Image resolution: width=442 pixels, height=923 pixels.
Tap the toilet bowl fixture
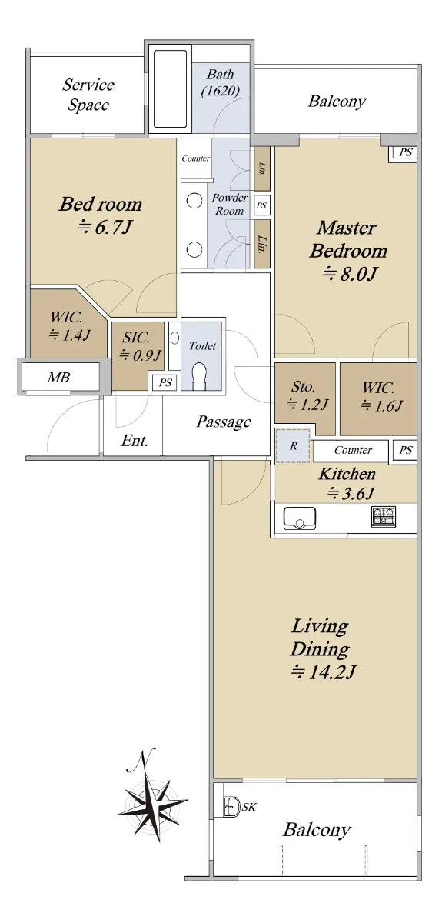[x=199, y=375]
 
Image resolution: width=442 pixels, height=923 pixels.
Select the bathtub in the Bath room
[x=170, y=88]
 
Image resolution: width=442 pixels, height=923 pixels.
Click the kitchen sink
[x=300, y=518]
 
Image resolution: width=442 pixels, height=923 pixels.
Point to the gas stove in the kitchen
[x=384, y=517]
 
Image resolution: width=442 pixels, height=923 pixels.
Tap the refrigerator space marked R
[x=292, y=445]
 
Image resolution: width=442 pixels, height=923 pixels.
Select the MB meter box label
[x=58, y=377]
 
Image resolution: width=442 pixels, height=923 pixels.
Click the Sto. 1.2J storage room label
[x=306, y=395]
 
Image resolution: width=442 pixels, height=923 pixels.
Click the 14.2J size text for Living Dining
[x=324, y=672]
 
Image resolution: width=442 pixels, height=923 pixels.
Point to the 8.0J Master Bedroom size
[x=350, y=273]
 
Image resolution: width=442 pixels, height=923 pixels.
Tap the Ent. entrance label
[x=135, y=441]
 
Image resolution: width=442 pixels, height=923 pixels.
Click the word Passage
[x=223, y=422]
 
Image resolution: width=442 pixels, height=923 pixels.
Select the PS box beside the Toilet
[x=165, y=382]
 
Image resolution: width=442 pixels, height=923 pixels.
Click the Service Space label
[x=88, y=95]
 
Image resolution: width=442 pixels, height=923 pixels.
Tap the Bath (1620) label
[x=221, y=82]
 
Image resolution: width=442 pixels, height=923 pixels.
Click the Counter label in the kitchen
[x=353, y=450]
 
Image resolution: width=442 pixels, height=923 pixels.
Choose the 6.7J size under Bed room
[x=105, y=227]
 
